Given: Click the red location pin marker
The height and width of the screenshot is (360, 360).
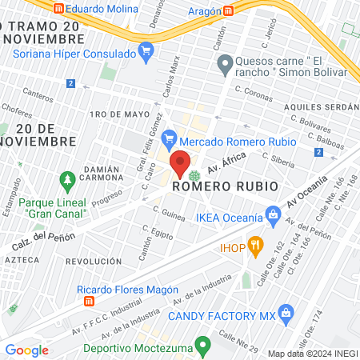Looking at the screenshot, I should (181, 163).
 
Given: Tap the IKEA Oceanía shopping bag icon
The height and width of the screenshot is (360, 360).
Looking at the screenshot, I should (273, 215).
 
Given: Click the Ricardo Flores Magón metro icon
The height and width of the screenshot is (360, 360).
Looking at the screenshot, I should (89, 302).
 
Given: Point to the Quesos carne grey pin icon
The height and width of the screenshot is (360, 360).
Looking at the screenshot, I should (225, 62).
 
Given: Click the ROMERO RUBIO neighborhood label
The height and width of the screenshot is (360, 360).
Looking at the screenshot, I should (225, 186).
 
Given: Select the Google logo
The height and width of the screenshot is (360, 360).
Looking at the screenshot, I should (26, 350).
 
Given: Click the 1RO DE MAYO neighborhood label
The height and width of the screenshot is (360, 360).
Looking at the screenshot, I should (110, 114).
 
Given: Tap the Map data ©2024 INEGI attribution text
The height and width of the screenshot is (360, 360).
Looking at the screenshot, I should (312, 354).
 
